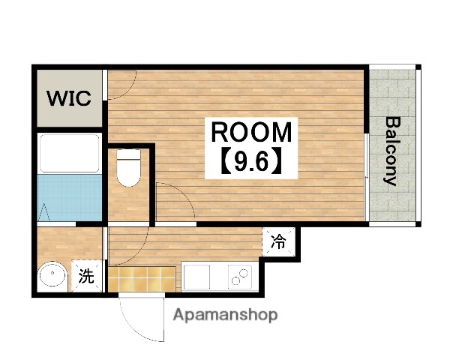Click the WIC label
tap(70, 98)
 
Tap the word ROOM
tap(250, 133)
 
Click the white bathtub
tap(69, 153)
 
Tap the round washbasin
tap(52, 275)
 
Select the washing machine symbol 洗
tap(87, 276)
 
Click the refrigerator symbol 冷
tap(278, 241)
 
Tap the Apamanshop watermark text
tap(225, 315)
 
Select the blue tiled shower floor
tap(69, 197)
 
